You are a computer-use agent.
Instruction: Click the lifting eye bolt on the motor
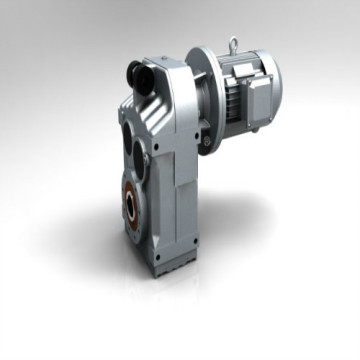[x=232, y=44]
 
